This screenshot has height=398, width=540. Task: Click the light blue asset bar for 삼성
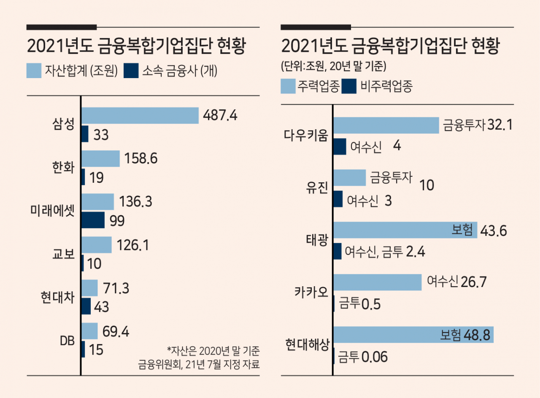[x=140, y=116]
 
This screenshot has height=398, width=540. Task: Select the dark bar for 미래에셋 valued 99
[x=93, y=220]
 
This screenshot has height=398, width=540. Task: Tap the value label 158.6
[x=141, y=158]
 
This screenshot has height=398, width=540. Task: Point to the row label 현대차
[x=58, y=297]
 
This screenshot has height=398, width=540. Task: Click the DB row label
[x=67, y=341]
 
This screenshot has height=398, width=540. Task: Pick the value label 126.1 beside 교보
[x=133, y=245]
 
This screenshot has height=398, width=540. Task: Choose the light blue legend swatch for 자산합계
[x=34, y=70]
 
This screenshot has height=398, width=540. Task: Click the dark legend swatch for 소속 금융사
[x=131, y=70]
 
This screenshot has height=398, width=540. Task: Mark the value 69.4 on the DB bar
[x=116, y=331]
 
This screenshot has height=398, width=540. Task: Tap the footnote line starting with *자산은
[x=213, y=351]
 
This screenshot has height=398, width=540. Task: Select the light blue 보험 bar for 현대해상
[x=413, y=335]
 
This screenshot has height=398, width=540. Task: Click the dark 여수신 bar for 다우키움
[x=340, y=146]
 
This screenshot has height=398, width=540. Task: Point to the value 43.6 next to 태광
[x=494, y=231]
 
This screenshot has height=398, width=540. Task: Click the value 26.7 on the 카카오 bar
[x=473, y=282]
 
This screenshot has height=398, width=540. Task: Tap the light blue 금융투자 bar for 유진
[x=350, y=178]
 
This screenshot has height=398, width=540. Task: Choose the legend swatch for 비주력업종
[x=349, y=86]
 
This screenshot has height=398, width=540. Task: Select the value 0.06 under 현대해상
[x=375, y=357]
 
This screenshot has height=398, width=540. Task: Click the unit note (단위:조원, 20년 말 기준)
[x=334, y=66]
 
